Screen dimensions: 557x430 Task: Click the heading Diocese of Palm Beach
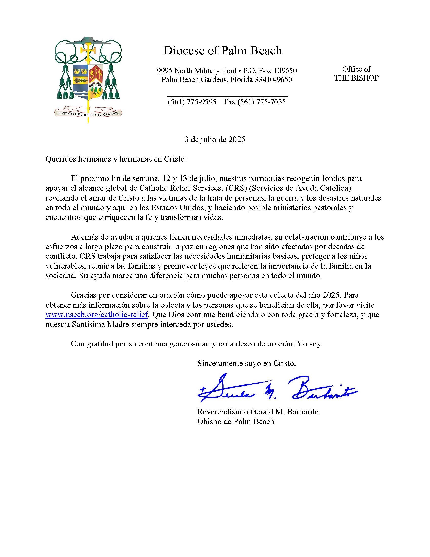pyautogui.click(x=222, y=50)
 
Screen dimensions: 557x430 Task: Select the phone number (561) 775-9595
pyautogui.click(x=191, y=102)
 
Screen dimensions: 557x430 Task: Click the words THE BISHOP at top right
pyautogui.click(x=356, y=78)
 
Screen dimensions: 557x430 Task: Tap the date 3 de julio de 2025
pyautogui.click(x=214, y=140)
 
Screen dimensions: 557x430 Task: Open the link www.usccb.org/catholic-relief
pyautogui.click(x=97, y=315)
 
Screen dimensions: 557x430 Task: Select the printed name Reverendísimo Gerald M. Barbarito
pyautogui.click(x=257, y=412)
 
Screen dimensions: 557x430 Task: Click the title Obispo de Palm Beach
pyautogui.click(x=235, y=421)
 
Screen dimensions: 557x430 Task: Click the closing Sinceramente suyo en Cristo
pyautogui.click(x=246, y=363)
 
